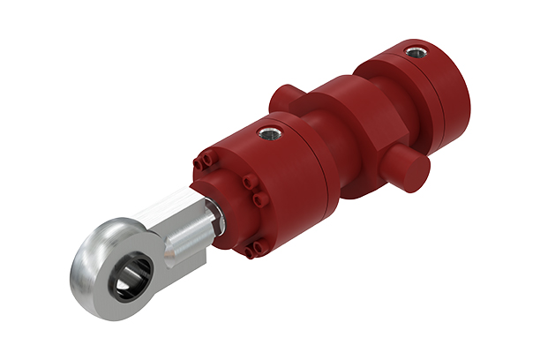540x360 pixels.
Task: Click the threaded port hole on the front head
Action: (266, 134)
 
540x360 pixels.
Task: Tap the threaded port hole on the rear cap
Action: (415, 53)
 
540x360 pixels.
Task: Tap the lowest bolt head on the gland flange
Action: (250, 253)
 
